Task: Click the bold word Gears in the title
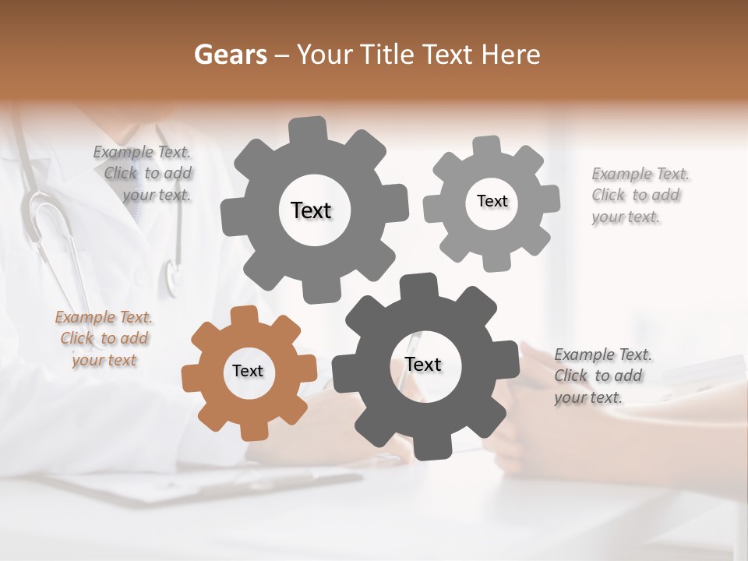[x=230, y=55]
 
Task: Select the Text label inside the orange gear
[x=248, y=371]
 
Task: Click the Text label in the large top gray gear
[x=311, y=210]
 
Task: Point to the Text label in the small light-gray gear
[x=492, y=201]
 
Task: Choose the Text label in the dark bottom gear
[x=423, y=364]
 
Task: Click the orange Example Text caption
[x=104, y=339]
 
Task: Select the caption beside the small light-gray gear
[x=640, y=195]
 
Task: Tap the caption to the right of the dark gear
[x=603, y=376]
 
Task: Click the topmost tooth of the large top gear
[x=309, y=127]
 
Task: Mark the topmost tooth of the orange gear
[x=245, y=315]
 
